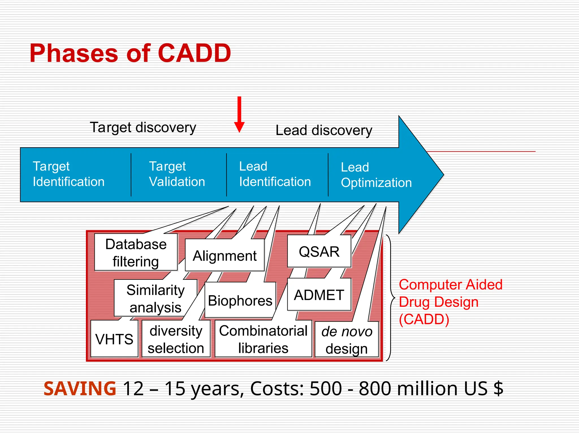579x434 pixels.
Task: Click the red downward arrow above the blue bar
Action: click(239, 114)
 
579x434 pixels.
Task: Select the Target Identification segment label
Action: click(68, 174)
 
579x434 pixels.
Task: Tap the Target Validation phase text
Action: click(177, 174)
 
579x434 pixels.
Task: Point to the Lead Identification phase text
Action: click(275, 174)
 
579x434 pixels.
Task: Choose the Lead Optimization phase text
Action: click(376, 175)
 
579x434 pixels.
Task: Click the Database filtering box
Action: click(136, 253)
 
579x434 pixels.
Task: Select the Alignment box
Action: click(225, 256)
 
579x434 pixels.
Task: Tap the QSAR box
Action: click(319, 252)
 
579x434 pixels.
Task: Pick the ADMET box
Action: click(319, 295)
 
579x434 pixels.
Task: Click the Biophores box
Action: click(240, 300)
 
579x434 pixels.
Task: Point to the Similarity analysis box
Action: click(155, 298)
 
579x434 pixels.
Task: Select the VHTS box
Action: click(114, 339)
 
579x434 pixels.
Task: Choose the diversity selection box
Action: click(176, 339)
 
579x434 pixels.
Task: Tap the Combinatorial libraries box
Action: click(263, 339)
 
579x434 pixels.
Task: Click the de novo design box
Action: click(347, 340)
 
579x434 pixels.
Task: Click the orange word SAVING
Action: click(80, 389)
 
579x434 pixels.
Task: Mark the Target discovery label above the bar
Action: click(143, 127)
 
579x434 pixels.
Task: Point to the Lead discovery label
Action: click(324, 131)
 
